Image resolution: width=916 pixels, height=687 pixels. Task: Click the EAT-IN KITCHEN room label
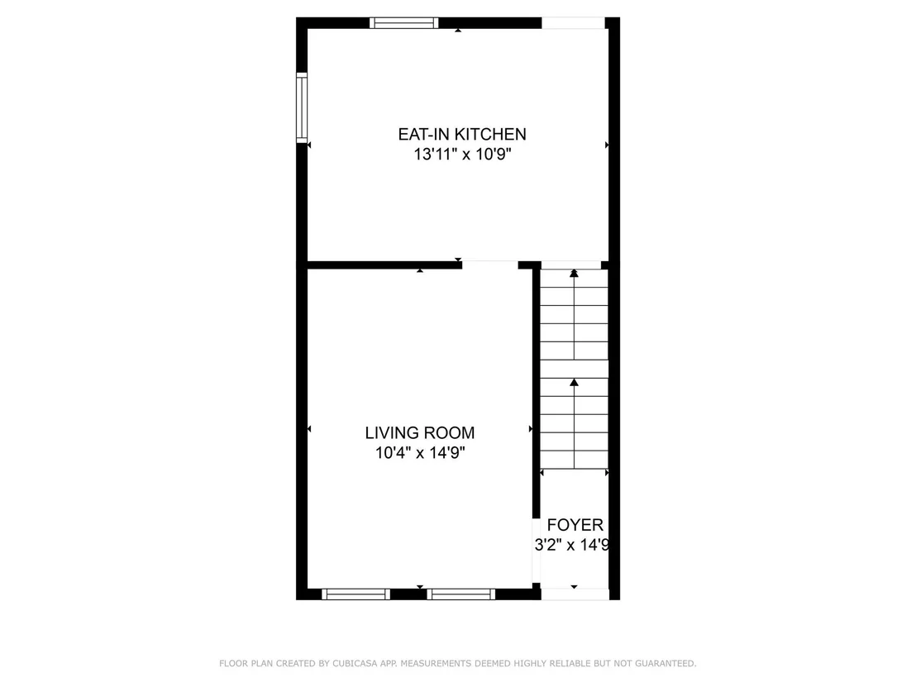pyautogui.click(x=462, y=135)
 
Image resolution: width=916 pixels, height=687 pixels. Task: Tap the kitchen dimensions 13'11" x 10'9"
pyautogui.click(x=463, y=155)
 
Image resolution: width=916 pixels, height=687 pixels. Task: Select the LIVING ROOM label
pyautogui.click(x=419, y=433)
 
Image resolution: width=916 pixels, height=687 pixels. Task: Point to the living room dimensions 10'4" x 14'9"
pyautogui.click(x=419, y=453)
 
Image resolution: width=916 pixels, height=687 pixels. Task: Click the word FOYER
pyautogui.click(x=575, y=525)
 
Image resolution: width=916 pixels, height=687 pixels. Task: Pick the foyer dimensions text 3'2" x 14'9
pyautogui.click(x=572, y=545)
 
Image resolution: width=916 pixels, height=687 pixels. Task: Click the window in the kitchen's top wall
pyautogui.click(x=403, y=23)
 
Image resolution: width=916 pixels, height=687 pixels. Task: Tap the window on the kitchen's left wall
pyautogui.click(x=302, y=107)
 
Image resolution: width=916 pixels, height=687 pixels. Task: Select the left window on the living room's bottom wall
pyautogui.click(x=355, y=594)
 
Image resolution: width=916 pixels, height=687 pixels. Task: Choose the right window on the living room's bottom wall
pyautogui.click(x=461, y=594)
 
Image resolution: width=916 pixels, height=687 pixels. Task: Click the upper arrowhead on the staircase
pyautogui.click(x=575, y=273)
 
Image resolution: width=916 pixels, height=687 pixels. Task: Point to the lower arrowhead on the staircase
pyautogui.click(x=575, y=382)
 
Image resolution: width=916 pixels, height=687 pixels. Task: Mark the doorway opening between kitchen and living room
pyautogui.click(x=490, y=265)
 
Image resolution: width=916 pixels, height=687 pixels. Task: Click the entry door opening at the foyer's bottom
pyautogui.click(x=575, y=594)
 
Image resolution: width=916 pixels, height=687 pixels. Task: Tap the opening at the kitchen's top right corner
pyautogui.click(x=573, y=23)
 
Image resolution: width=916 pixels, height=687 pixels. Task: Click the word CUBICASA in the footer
pyautogui.click(x=355, y=664)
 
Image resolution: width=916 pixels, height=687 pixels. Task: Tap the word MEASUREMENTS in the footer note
pyautogui.click(x=435, y=664)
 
